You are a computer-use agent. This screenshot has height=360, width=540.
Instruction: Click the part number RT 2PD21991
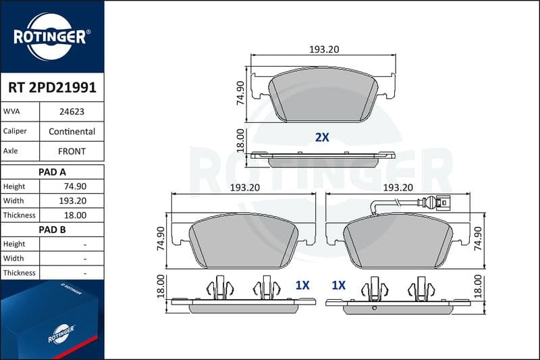point(53,88)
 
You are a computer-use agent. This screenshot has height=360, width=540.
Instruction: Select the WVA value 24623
point(72,111)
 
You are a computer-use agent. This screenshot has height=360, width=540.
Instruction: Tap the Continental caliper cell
point(72,132)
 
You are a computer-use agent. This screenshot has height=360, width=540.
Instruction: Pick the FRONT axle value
point(72,151)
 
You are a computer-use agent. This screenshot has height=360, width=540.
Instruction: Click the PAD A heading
point(52,172)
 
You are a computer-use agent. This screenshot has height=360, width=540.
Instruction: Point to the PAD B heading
point(52,230)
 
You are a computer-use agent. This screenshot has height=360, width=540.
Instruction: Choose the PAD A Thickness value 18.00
point(75,215)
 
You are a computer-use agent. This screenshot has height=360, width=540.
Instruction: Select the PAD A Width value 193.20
point(73,201)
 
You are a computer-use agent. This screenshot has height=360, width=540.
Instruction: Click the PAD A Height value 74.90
point(75,186)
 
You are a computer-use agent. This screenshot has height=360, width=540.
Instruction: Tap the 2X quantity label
point(322,138)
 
